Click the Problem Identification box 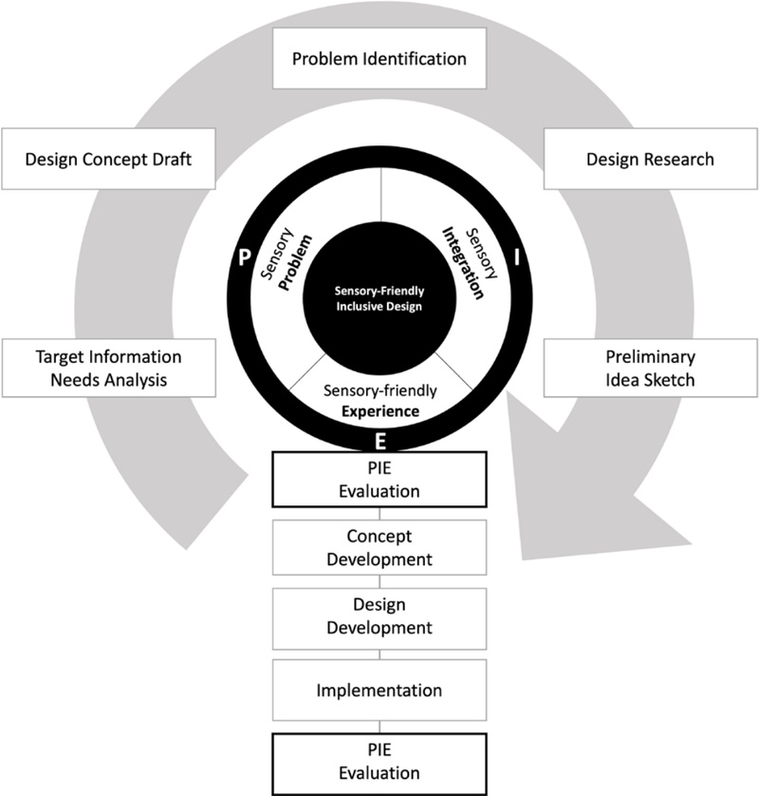[x=379, y=59]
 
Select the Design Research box [x=649, y=159]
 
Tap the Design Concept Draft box [x=110, y=159]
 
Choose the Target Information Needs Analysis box [x=110, y=369]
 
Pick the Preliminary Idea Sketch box [x=649, y=369]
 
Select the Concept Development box [x=379, y=547]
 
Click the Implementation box [x=379, y=690]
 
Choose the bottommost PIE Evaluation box [x=379, y=763]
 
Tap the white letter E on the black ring [x=379, y=441]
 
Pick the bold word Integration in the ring [x=467, y=261]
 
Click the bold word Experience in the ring [x=379, y=410]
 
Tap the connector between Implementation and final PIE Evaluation [x=379, y=725]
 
